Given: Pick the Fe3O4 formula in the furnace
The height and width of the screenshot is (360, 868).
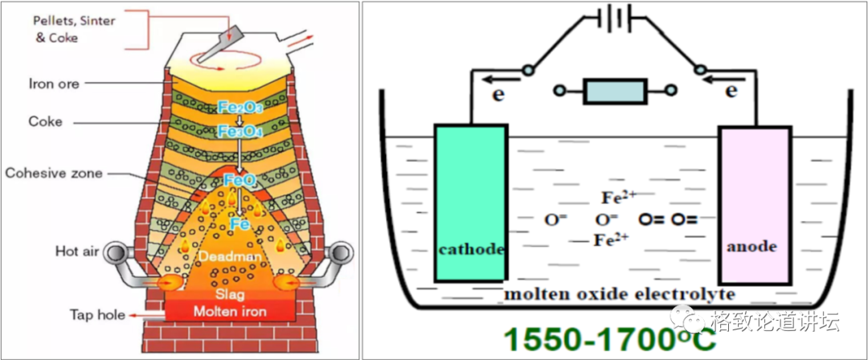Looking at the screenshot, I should tap(240, 130).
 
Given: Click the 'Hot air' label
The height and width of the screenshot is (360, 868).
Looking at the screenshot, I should tap(76, 251).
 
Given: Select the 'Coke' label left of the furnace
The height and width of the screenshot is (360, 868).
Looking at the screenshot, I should tap(46, 122).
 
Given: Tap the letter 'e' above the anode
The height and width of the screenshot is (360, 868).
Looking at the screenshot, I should tap(731, 91).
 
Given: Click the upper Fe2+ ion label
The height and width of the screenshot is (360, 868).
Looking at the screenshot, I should tap(619, 197).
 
